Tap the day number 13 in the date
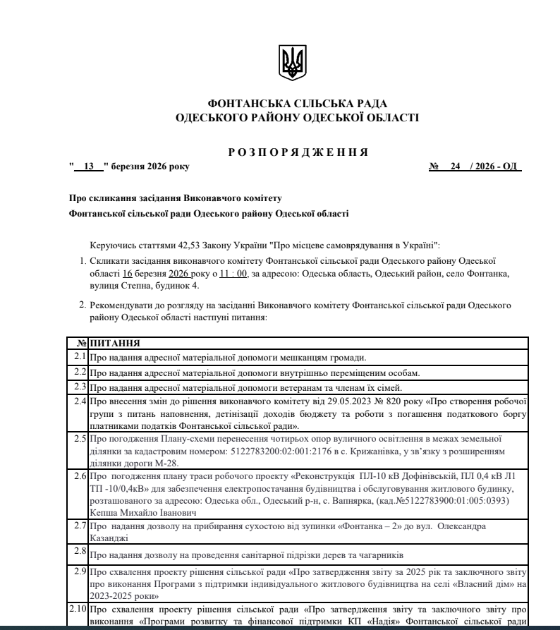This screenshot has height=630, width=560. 89,166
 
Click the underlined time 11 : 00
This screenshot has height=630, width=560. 233,272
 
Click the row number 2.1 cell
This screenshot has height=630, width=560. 80,357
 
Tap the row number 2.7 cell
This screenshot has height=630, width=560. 80,526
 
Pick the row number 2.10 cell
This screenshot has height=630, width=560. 78,608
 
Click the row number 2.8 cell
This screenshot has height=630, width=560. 80,551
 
